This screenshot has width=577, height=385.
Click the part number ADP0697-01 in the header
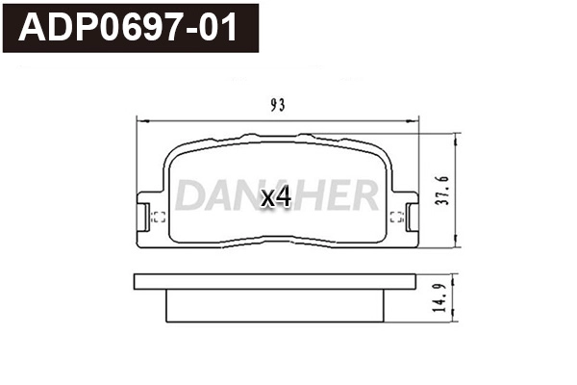(x=129, y=28)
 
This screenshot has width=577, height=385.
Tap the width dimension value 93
(x=279, y=104)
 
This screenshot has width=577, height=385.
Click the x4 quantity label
(x=276, y=197)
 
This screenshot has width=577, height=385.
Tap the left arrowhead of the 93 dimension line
(x=141, y=119)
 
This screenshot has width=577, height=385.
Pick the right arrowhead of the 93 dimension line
(x=415, y=119)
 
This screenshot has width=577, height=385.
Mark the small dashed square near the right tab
(x=395, y=217)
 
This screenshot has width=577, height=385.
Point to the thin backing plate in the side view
(x=277, y=283)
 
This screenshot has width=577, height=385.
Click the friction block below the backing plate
(x=277, y=307)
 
